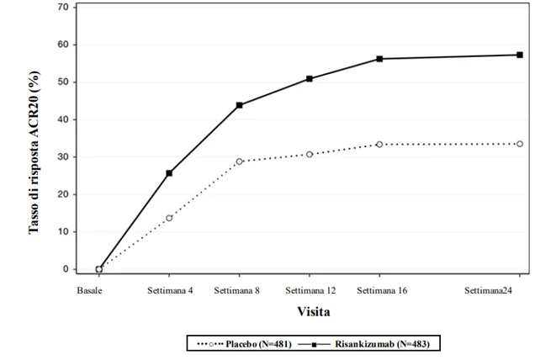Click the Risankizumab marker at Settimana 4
point(169,173)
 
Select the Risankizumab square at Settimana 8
point(240,105)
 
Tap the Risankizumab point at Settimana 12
point(310,79)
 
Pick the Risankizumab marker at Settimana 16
point(379,59)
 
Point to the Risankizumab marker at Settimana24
point(520,55)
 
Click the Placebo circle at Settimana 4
point(169,218)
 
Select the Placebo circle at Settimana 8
point(240,161)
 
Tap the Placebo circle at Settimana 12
point(310,154)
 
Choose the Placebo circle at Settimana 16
point(379,145)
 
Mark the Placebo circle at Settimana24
point(520,144)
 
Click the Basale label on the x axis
point(89,290)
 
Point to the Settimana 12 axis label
point(310,290)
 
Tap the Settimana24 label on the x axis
point(488,290)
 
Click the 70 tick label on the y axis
point(63,7)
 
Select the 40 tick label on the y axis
point(63,119)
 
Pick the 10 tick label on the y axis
point(63,231)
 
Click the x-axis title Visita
point(314,311)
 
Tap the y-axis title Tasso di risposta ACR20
point(34,152)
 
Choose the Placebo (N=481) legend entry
point(244,344)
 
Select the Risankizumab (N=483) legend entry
point(364,344)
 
